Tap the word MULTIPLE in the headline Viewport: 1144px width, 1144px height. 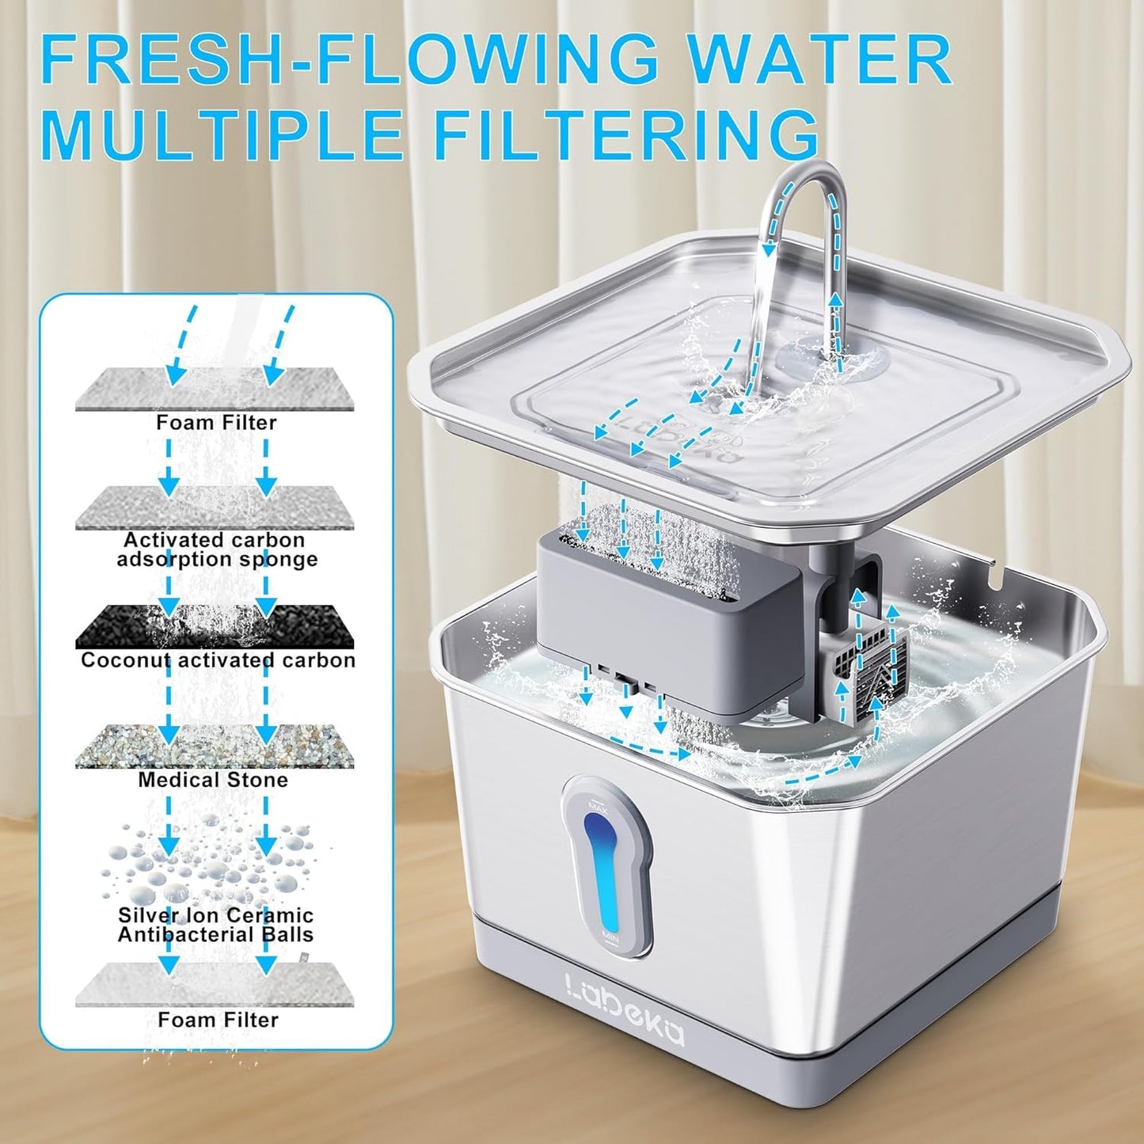(222, 135)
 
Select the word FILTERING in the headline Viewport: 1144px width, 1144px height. (625, 135)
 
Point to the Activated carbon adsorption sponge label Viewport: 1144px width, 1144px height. (215, 549)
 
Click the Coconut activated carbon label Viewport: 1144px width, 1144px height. (218, 660)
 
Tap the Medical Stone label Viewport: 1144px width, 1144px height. (213, 780)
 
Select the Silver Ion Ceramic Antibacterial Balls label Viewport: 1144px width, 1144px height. (215, 925)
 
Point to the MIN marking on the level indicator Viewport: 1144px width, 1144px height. (610, 936)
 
